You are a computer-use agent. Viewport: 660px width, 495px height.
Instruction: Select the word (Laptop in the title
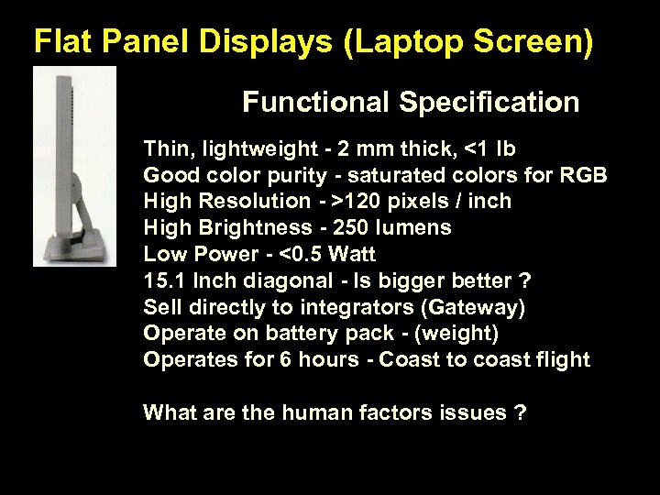(385, 41)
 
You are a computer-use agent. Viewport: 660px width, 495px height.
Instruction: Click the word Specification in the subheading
(489, 102)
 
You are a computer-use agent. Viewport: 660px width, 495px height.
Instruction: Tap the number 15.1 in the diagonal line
(163, 280)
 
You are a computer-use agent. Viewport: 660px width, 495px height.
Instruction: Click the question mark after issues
(521, 413)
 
